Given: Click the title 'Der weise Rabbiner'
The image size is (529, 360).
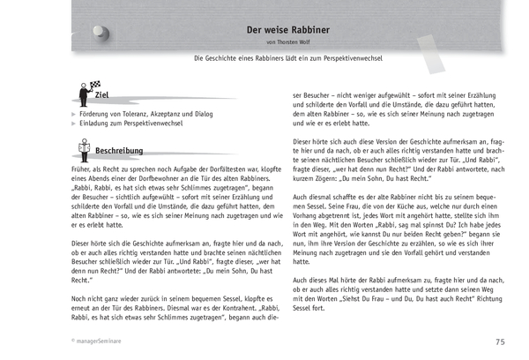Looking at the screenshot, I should point(281,29).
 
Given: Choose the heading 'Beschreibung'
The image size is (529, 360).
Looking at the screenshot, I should point(120,151).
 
